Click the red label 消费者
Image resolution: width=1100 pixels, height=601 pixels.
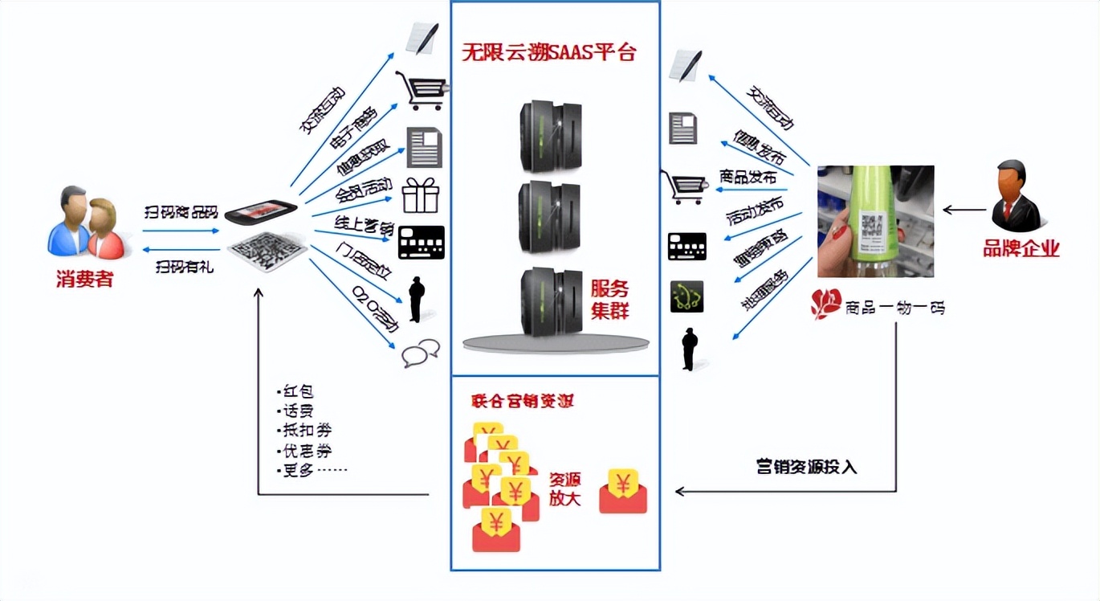tap(84, 280)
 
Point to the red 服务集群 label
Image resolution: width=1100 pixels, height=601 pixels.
tap(610, 300)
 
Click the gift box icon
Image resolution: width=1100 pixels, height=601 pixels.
tap(420, 195)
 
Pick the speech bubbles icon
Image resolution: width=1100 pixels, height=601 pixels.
tap(421, 353)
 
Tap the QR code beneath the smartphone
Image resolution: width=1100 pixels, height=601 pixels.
tap(267, 252)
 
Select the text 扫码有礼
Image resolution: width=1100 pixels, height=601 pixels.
tap(184, 267)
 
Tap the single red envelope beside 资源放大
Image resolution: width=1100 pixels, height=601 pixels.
tap(623, 490)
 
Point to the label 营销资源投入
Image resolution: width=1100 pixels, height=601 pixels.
tap(806, 467)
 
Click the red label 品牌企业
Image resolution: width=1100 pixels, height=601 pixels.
tap(1021, 249)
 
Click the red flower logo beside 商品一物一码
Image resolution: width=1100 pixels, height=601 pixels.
tap(825, 304)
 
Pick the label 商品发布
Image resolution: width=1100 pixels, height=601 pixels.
tap(748, 178)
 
